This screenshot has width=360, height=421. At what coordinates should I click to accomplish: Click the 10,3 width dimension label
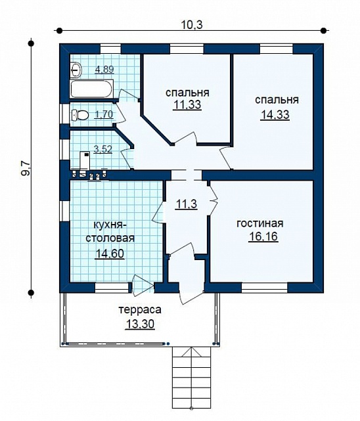(x=192, y=25)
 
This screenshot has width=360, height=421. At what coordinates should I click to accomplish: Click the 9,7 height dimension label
(x=26, y=169)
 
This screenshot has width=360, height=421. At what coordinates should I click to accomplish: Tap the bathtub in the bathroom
(x=92, y=89)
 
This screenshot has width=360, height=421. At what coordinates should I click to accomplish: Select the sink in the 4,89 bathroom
(x=76, y=70)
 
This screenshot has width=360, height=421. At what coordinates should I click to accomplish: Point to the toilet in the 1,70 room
(x=80, y=115)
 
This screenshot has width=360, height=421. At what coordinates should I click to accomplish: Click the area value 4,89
(x=104, y=69)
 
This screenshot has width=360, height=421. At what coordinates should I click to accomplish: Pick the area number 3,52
(x=103, y=148)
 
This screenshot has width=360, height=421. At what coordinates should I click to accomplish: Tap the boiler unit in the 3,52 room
(x=85, y=160)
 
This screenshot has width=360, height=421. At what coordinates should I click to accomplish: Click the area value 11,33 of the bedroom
(x=187, y=104)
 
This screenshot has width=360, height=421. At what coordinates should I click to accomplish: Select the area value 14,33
(x=275, y=115)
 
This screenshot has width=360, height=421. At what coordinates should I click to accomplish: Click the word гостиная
(x=260, y=223)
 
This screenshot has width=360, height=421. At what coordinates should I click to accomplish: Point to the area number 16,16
(x=263, y=236)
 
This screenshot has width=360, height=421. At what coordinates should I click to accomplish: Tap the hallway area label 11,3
(x=187, y=204)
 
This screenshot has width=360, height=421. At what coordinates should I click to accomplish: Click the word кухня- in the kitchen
(x=109, y=225)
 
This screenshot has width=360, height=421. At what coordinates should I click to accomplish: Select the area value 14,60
(x=110, y=253)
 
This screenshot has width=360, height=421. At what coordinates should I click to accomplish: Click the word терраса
(x=140, y=310)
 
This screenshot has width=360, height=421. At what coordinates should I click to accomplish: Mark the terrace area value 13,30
(x=140, y=324)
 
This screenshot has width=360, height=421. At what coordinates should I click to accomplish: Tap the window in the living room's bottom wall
(x=265, y=287)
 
